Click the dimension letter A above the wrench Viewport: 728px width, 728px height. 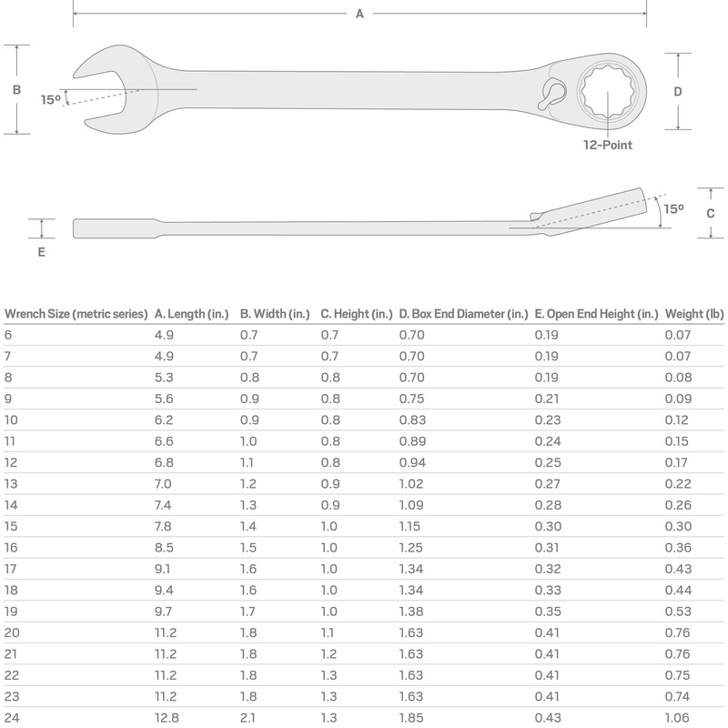(x=359, y=14)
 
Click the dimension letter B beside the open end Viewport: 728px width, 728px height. (x=16, y=90)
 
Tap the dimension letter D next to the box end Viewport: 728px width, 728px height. (x=678, y=91)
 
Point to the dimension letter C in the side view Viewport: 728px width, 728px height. (x=710, y=212)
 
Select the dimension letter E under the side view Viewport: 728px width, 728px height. (x=41, y=252)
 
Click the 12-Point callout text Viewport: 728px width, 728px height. (x=608, y=145)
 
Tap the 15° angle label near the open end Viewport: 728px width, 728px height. (x=50, y=100)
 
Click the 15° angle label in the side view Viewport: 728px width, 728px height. (x=673, y=208)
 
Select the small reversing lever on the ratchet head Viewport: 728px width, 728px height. (x=551, y=94)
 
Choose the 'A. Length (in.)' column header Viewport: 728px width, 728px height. (x=191, y=314)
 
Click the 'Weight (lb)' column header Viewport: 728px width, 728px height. (x=694, y=314)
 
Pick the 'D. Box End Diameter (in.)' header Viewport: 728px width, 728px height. (x=463, y=314)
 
